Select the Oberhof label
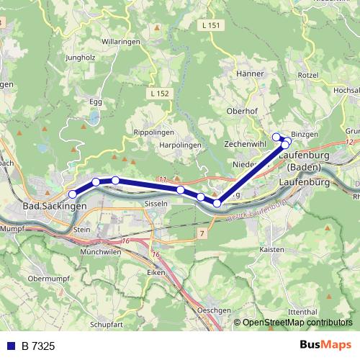tap(242, 111)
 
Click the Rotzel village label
tap(307, 76)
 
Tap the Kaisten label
tap(271, 249)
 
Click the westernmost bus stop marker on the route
tap(72, 194)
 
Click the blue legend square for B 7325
tap(9, 346)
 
